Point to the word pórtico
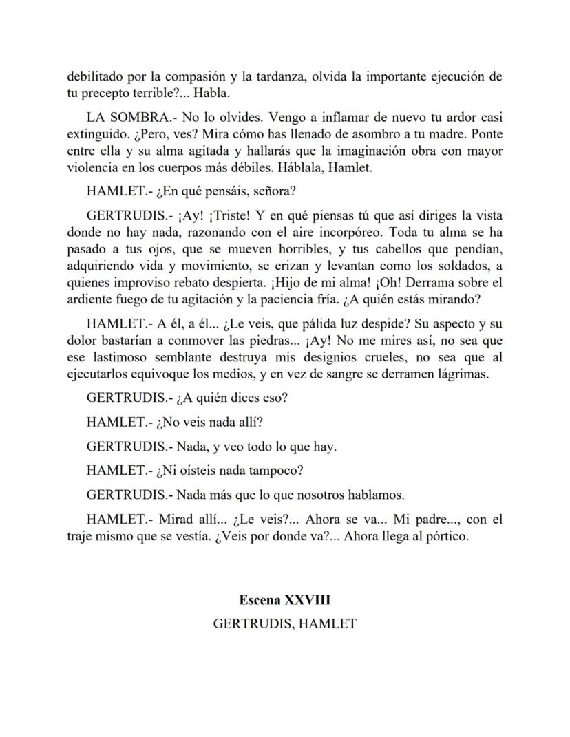pyautogui.click(x=445, y=537)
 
